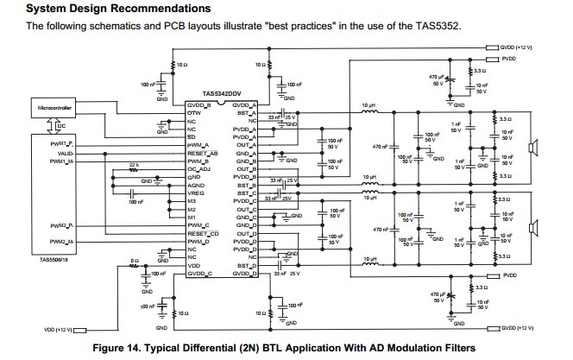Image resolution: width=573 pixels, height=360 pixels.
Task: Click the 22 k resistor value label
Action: [x=134, y=164]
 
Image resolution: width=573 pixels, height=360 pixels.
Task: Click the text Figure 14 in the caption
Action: [x=127, y=346]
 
